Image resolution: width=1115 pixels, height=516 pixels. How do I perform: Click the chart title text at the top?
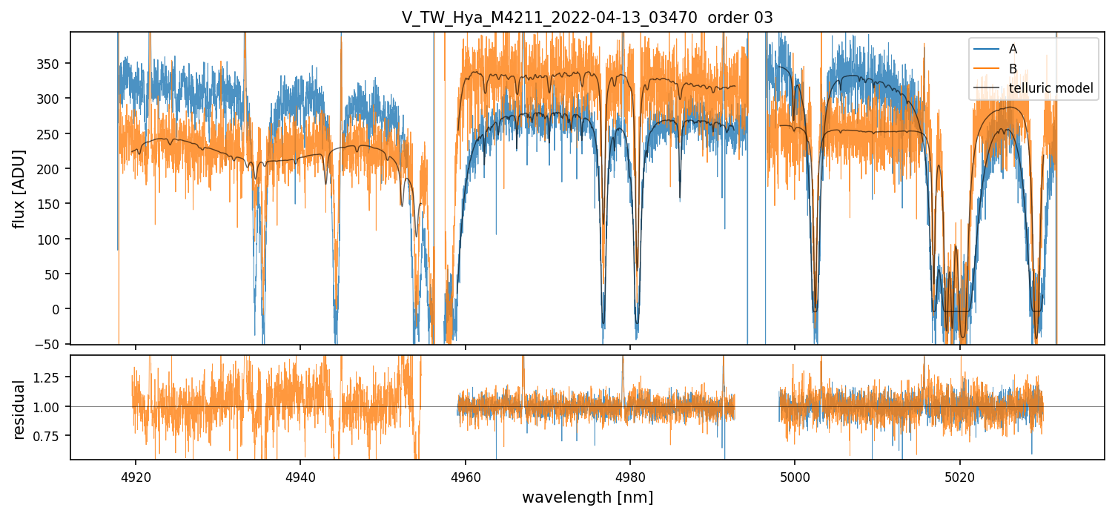point(587,18)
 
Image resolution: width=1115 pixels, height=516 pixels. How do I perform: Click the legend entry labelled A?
point(1013,50)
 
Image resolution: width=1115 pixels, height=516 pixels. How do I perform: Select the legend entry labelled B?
point(1013,69)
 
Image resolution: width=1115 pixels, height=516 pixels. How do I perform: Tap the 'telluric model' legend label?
point(1051,89)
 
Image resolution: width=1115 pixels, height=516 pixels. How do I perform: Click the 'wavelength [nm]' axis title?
point(587,497)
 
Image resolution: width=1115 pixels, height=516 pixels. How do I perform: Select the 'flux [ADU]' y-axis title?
point(20,188)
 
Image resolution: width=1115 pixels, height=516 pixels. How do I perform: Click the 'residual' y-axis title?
point(20,409)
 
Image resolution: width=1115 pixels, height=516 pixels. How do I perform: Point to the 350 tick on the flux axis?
point(50,64)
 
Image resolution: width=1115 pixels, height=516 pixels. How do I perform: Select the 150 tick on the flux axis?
point(50,204)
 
